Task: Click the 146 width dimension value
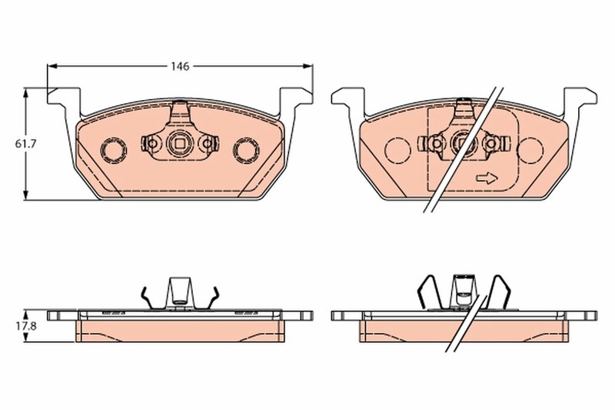(180, 66)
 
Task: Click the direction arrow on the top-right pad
(487, 178)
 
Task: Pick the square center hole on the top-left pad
(180, 142)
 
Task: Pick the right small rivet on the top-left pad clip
(206, 143)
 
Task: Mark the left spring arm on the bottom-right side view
(427, 291)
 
